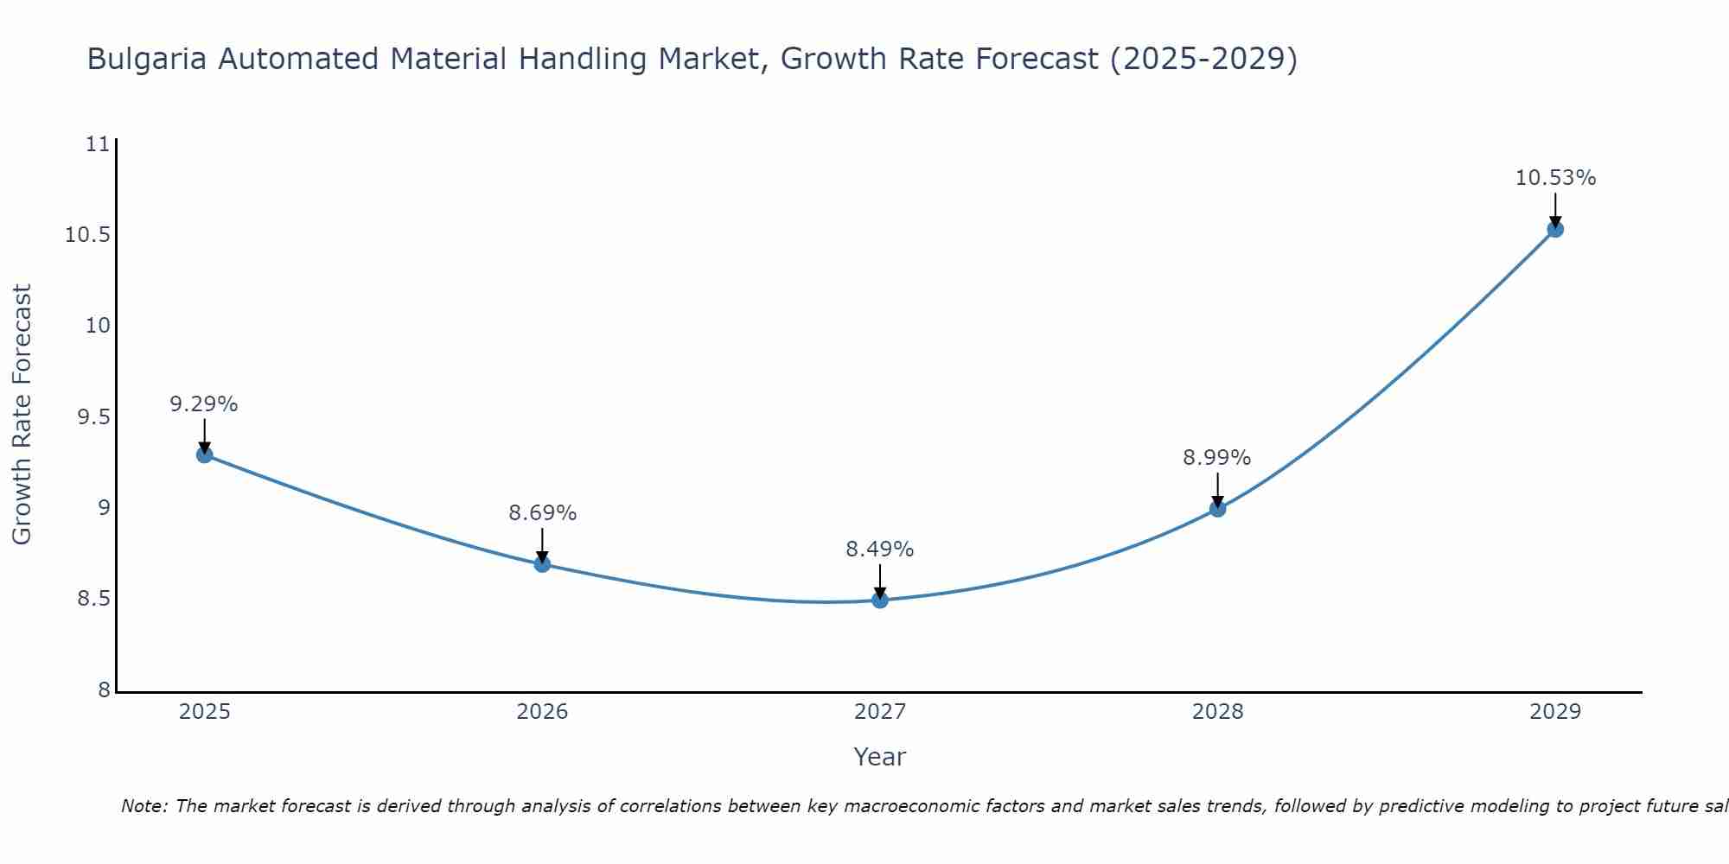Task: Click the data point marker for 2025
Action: click(x=205, y=454)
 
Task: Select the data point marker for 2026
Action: click(x=542, y=564)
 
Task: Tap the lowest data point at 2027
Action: click(x=880, y=600)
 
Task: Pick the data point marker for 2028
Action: click(x=1217, y=509)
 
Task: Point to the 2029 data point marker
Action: click(x=1555, y=229)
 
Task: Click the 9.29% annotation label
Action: click(x=203, y=403)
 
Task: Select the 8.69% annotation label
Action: click(x=542, y=512)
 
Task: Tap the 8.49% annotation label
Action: click(x=879, y=549)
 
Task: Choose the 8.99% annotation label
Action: click(x=1216, y=457)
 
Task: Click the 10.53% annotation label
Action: click(x=1555, y=178)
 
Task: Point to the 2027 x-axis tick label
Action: click(x=879, y=712)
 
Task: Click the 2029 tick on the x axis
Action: click(x=1555, y=712)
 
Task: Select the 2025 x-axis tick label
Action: click(x=205, y=712)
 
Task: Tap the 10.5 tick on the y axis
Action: click(x=88, y=235)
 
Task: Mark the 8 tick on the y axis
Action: click(x=104, y=689)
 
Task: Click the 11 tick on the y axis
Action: click(x=99, y=144)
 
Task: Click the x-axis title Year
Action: click(x=879, y=757)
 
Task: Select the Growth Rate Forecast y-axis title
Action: click(x=22, y=415)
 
